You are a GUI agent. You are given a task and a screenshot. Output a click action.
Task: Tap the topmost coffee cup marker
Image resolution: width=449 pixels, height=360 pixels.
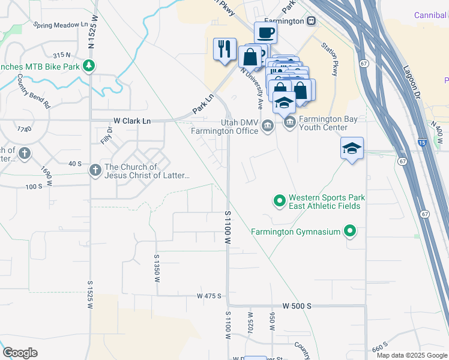click(x=265, y=32)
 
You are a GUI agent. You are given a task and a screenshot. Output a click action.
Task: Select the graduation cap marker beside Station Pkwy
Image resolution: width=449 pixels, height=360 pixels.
click(x=352, y=148)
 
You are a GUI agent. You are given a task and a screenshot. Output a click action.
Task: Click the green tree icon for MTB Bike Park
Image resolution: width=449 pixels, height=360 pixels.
click(x=89, y=65)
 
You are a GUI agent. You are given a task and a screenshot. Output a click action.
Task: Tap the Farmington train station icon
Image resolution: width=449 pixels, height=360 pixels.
click(x=311, y=20)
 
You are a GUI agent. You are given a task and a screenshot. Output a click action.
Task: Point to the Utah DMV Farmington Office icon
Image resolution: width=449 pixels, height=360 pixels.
click(x=268, y=125)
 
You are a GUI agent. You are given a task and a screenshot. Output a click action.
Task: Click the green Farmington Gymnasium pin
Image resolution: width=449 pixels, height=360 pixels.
click(x=350, y=232)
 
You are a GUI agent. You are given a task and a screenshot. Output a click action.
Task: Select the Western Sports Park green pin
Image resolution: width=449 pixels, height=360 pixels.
click(x=279, y=201)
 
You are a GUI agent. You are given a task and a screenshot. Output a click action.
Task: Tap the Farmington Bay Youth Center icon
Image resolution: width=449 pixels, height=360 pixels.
click(x=289, y=124)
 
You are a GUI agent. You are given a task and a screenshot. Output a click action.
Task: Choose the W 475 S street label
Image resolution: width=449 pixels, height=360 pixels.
click(x=209, y=296)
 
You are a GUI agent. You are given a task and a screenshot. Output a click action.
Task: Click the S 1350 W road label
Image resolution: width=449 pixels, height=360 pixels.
click(x=157, y=264)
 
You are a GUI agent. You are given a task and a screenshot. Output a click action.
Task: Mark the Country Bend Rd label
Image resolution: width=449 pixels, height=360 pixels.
click(x=34, y=91)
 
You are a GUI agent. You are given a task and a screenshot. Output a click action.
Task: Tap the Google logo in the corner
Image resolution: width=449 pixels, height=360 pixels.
click(x=20, y=353)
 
